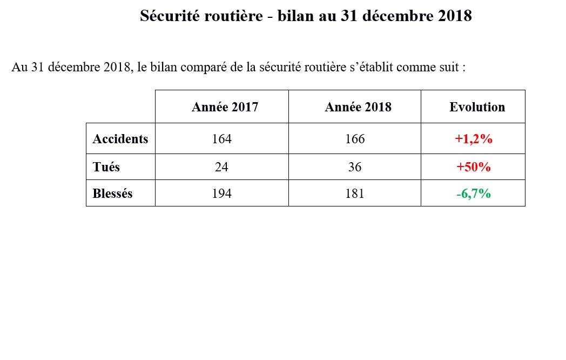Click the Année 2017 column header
click(x=225, y=107)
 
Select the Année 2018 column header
click(x=358, y=107)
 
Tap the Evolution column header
click(x=477, y=107)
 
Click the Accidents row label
click(x=120, y=139)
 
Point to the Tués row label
click(x=106, y=167)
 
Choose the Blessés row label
click(x=112, y=194)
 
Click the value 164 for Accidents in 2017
click(x=222, y=139)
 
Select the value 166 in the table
click(x=355, y=139)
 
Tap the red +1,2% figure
click(x=474, y=139)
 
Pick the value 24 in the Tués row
click(x=222, y=167)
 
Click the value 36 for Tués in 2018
click(x=355, y=167)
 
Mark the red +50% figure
click(x=474, y=167)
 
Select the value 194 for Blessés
click(x=222, y=194)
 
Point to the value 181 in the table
click(x=355, y=194)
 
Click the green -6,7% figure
click(x=474, y=194)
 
